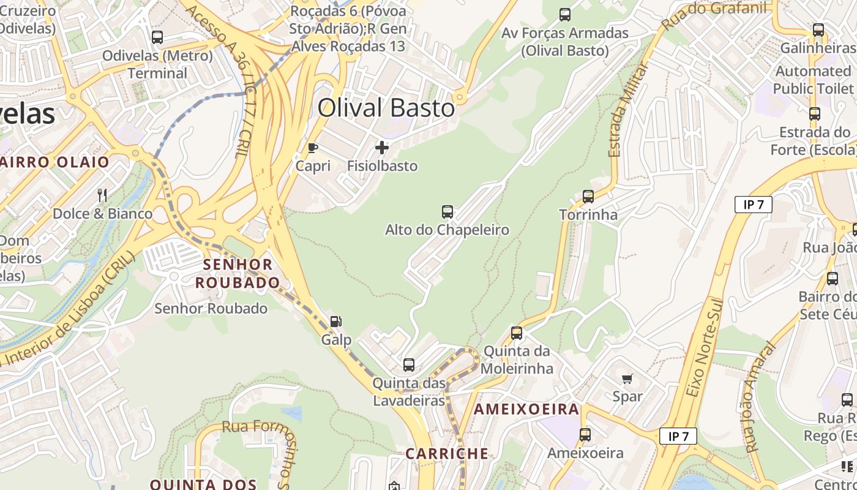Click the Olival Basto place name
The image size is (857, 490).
tap(386, 108)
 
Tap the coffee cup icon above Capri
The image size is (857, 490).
tap(313, 148)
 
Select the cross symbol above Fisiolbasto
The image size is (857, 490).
tap(382, 148)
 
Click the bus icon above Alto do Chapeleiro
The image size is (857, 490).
tap(447, 212)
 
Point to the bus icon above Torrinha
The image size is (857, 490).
tap(588, 197)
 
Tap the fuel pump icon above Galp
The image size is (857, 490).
tap(336, 322)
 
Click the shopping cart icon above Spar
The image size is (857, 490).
tap(627, 379)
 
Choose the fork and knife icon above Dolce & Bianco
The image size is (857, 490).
tap(102, 195)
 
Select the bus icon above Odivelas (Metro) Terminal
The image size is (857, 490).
tap(157, 37)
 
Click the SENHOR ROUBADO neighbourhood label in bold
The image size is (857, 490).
tap(238, 273)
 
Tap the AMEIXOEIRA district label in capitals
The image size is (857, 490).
tap(526, 409)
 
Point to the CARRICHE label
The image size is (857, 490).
tap(447, 454)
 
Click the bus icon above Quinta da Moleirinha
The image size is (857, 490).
tap(517, 333)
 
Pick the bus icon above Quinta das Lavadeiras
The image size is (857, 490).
tap(409, 365)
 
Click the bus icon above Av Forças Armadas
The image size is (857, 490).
tap(565, 14)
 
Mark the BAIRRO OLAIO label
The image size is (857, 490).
tap(55, 162)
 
